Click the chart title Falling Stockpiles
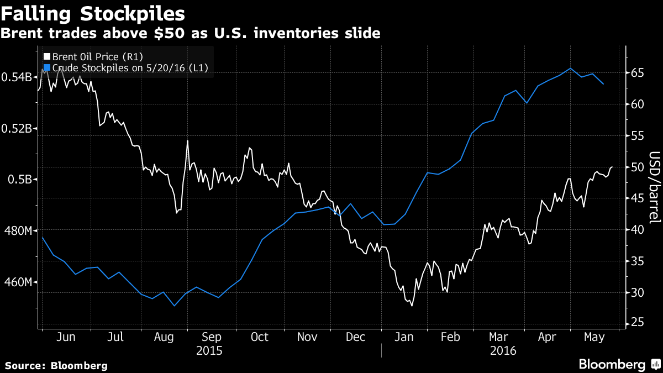tap(93, 12)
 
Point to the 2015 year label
tap(209, 350)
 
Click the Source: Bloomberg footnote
tap(56, 365)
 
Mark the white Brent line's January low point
tap(412, 306)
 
